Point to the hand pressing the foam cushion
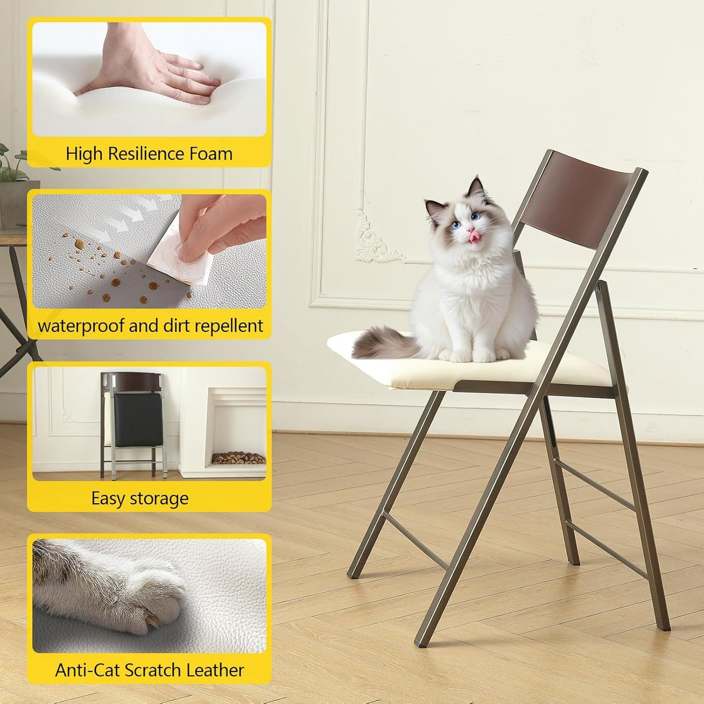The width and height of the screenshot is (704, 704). (x=146, y=73)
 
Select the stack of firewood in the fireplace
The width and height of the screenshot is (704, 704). (x=239, y=458)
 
